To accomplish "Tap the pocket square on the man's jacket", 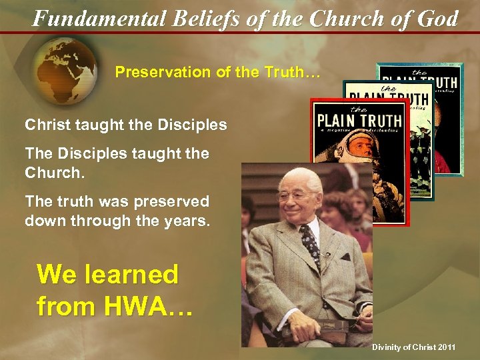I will click(x=344, y=257).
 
